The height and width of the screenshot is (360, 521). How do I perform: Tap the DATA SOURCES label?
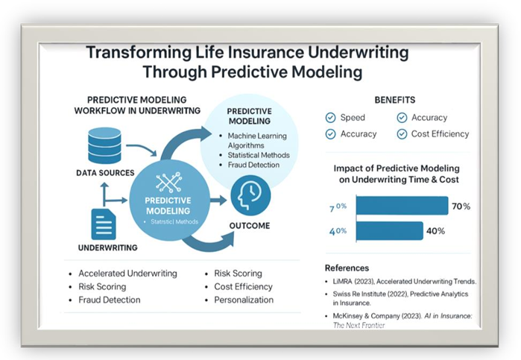click(105, 173)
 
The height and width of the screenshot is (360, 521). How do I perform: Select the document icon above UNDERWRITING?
click(103, 224)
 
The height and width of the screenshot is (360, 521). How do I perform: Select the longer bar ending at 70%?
click(402, 206)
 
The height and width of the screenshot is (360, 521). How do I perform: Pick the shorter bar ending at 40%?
click(390, 231)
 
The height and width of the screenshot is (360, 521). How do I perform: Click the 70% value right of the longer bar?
click(461, 206)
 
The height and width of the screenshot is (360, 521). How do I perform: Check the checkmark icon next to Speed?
click(330, 118)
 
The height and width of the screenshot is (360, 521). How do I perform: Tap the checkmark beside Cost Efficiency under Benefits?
click(402, 134)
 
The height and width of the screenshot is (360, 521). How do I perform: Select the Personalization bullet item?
click(243, 300)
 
